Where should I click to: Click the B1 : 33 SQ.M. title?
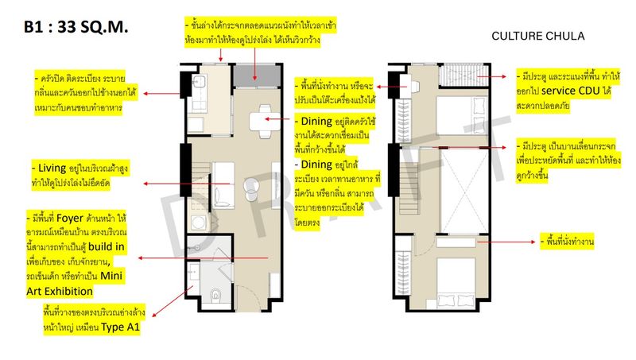click(76, 27)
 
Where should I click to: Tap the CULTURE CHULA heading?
click(538, 37)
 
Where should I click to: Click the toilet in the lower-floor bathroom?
click(215, 294)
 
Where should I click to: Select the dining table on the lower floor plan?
click(265, 122)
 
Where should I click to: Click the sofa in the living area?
click(223, 185)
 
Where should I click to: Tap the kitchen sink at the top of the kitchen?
click(199, 83)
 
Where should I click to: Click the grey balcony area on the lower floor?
click(257, 75)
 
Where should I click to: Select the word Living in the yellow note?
click(52, 168)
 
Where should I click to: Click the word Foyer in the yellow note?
click(69, 218)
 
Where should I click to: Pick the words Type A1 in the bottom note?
click(120, 327)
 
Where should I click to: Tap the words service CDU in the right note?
click(570, 91)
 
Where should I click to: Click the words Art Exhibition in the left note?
click(60, 291)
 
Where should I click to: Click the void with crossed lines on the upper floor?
click(464, 191)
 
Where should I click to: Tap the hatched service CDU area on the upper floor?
click(464, 75)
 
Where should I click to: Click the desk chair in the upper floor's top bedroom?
click(415, 87)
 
